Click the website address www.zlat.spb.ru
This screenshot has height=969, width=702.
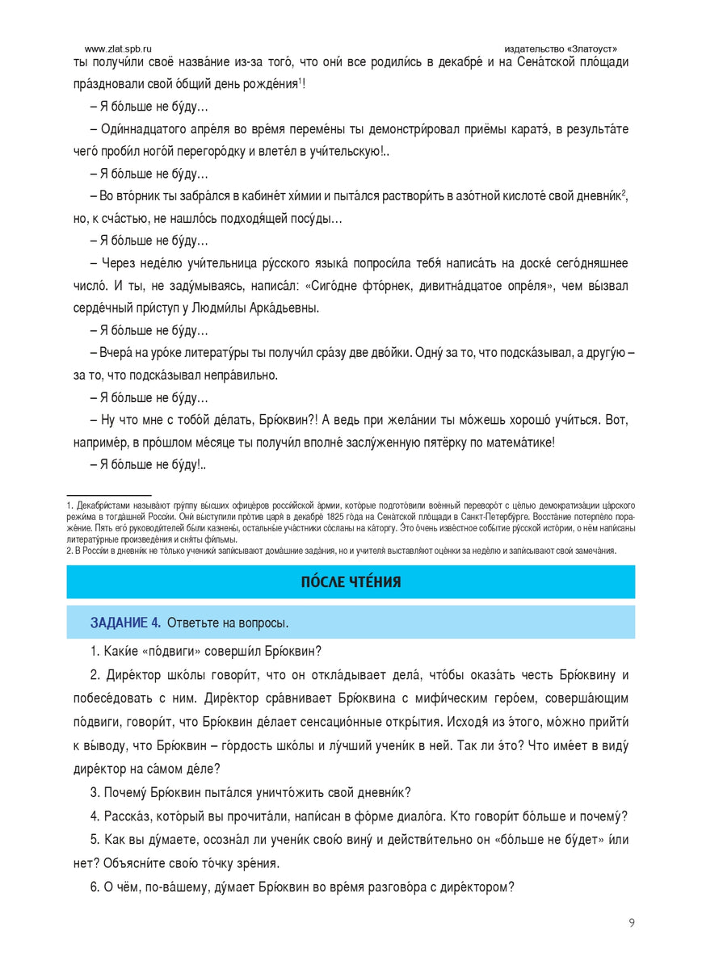[118, 48]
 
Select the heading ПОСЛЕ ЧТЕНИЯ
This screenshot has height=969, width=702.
[351, 582]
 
